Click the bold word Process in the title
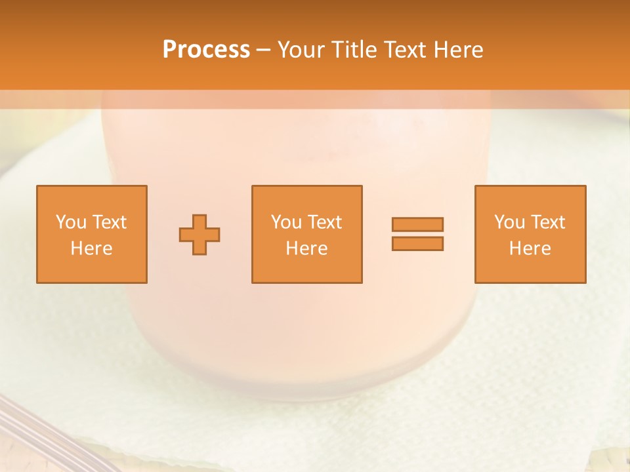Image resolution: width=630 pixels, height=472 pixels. click(x=206, y=50)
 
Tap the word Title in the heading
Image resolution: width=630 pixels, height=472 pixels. click(x=356, y=50)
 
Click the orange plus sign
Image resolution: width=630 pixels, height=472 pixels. click(x=199, y=235)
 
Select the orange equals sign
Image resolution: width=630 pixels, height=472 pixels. click(x=417, y=234)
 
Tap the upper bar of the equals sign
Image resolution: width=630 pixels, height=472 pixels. click(x=417, y=224)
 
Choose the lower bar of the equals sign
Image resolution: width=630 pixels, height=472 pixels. click(x=417, y=244)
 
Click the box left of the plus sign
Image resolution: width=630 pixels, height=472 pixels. click(x=92, y=235)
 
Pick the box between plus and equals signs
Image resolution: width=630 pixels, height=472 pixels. click(x=306, y=235)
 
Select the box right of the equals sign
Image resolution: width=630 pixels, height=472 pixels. click(x=530, y=235)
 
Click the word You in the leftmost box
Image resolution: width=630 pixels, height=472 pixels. click(x=71, y=222)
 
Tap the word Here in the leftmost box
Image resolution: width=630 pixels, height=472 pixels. click(x=92, y=248)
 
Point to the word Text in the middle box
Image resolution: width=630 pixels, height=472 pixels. click(x=324, y=222)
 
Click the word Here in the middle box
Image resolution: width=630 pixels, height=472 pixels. click(x=306, y=248)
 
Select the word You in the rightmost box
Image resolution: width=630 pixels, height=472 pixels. click(x=509, y=222)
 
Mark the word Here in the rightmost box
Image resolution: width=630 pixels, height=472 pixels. click(x=530, y=248)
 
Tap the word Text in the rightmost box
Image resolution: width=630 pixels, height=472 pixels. click(x=547, y=222)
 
